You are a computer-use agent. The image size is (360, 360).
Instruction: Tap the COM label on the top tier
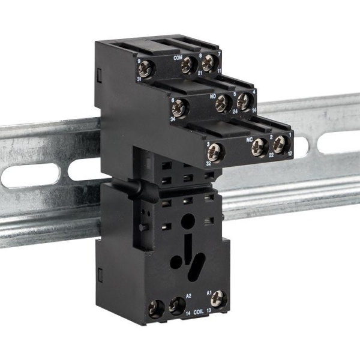178,58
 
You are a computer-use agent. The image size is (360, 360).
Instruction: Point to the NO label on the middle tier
212,96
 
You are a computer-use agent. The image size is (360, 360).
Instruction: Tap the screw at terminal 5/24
224,104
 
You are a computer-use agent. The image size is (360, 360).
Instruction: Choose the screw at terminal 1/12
280,143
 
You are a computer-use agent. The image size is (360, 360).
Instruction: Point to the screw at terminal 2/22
260,145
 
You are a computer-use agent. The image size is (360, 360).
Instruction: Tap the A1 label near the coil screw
209,293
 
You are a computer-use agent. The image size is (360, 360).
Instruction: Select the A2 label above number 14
188,296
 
